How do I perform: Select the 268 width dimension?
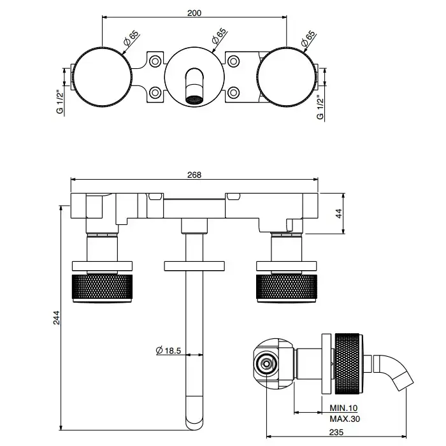tap(194, 175)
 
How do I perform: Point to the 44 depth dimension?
tap(339, 212)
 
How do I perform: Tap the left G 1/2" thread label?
tap(60, 101)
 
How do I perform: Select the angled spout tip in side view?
tap(402, 382)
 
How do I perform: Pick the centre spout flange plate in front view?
tap(194, 265)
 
